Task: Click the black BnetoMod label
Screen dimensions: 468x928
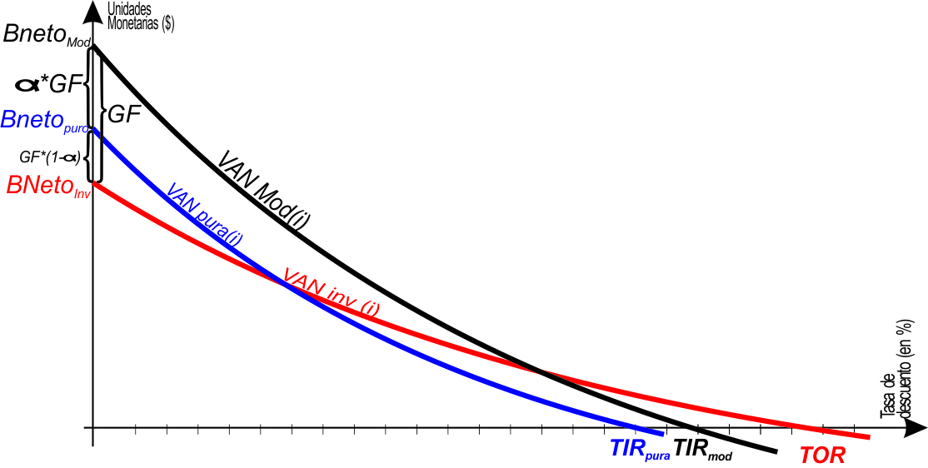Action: tap(46, 35)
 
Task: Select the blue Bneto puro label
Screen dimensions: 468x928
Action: tap(46, 121)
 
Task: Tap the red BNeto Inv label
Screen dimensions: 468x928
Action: tap(47, 186)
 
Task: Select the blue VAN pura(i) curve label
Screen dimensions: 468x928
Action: tap(205, 215)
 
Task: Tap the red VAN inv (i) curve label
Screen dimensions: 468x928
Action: tap(332, 291)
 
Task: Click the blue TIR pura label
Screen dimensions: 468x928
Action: tap(640, 450)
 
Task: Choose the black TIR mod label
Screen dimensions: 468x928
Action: tap(702, 450)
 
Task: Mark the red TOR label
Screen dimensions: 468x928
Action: tap(822, 456)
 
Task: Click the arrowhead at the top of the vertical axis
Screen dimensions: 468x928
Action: tap(93, 11)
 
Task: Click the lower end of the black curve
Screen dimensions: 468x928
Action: tap(775, 452)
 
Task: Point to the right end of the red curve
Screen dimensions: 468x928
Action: tap(868, 437)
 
